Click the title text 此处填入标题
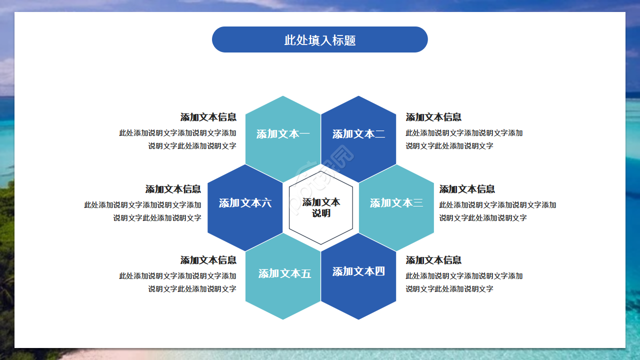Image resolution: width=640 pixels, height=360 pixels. point(320,40)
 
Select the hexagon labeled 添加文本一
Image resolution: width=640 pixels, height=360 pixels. point(283,134)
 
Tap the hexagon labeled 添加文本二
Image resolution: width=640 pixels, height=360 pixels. point(358,134)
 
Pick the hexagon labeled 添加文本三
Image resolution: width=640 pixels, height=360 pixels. point(396,203)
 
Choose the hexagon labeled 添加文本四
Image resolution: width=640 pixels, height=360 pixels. point(358,272)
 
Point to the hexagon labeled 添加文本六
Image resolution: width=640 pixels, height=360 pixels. point(245,203)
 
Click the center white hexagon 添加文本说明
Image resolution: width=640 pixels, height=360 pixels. point(321,207)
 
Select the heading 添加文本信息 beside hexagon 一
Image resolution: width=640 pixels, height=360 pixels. point(208,117)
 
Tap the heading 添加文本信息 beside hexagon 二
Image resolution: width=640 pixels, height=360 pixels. point(433,117)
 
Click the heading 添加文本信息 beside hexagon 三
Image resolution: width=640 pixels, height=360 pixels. point(467,189)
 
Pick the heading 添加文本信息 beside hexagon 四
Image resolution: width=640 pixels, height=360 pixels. point(433,260)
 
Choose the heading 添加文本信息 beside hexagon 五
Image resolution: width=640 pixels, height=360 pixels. point(208,260)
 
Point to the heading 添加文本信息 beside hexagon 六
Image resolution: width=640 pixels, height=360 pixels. point(173,189)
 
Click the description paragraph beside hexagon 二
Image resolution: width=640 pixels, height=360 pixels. point(464,139)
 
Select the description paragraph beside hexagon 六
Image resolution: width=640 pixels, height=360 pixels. point(143,211)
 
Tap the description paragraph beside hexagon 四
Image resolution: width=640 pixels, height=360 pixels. point(464,282)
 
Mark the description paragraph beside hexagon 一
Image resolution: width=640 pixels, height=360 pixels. point(178,139)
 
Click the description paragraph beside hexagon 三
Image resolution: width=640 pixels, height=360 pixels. point(497,211)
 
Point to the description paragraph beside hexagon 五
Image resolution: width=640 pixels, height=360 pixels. point(178,282)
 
